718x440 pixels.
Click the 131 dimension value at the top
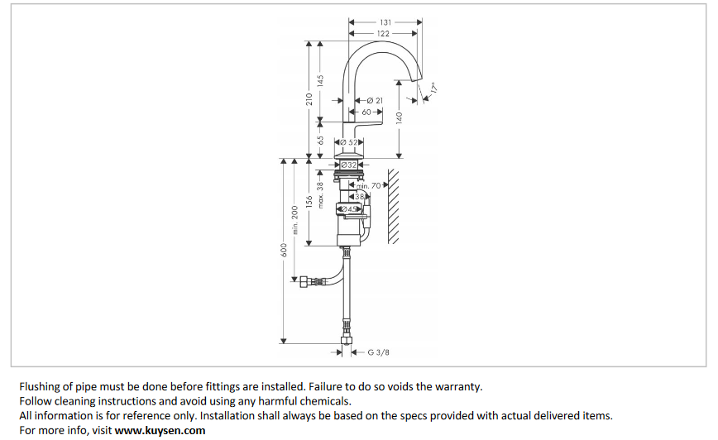pyautogui.click(x=385, y=22)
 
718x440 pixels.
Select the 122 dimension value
pyautogui.click(x=383, y=33)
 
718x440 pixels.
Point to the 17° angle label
pyautogui.click(x=433, y=86)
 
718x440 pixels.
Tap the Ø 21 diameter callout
pyautogui.click(x=374, y=100)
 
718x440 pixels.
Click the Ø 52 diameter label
pyautogui.click(x=350, y=143)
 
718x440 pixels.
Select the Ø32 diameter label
pyautogui.click(x=348, y=165)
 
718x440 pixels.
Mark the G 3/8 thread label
pyautogui.click(x=378, y=352)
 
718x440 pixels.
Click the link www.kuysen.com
pyautogui.click(x=160, y=430)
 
